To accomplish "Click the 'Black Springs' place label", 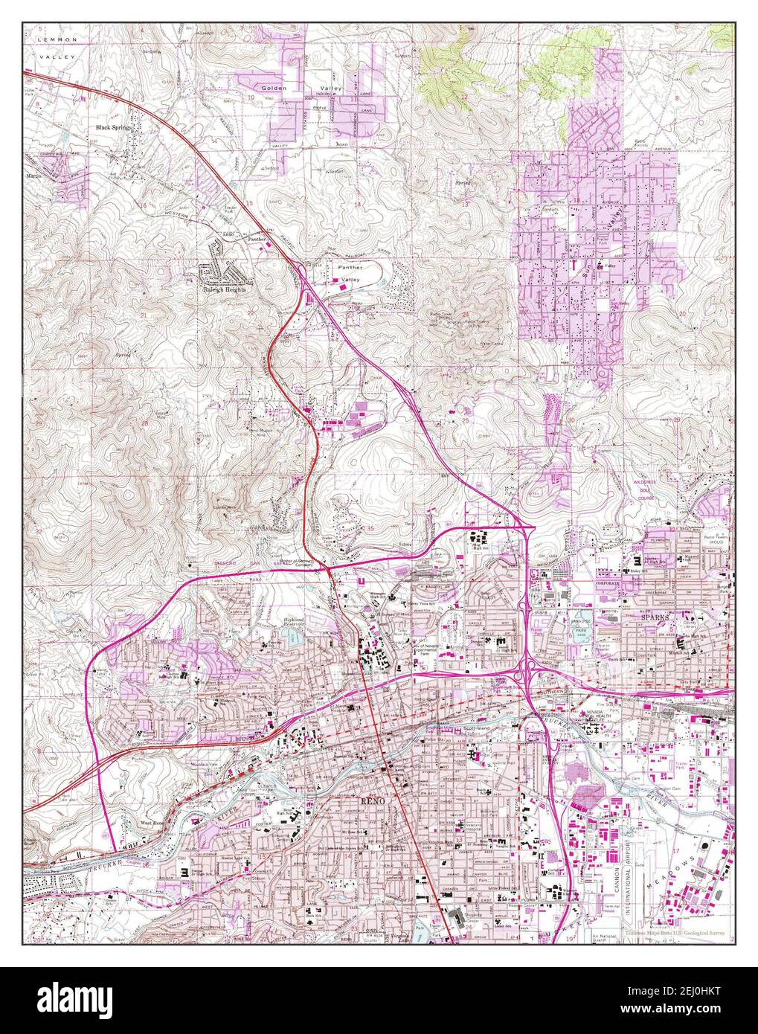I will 113,127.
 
